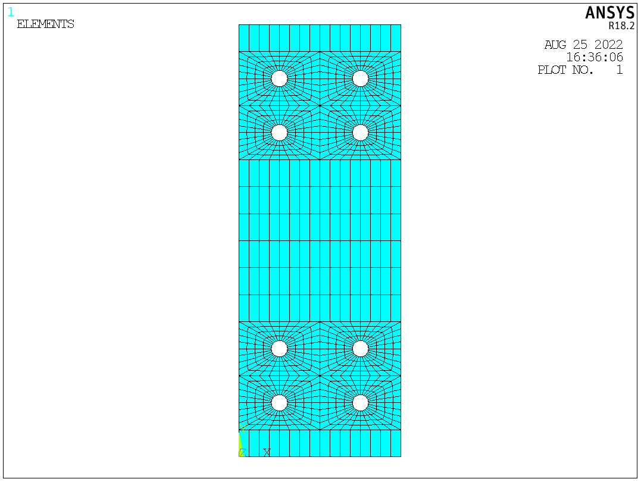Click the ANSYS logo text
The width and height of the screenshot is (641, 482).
[x=609, y=13]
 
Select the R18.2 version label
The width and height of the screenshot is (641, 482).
[x=621, y=26]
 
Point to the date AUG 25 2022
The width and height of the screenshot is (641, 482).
[x=583, y=45]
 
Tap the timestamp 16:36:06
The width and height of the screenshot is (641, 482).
[x=594, y=57]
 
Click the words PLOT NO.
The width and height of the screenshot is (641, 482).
[x=565, y=70]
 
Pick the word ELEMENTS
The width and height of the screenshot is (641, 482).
[x=46, y=24]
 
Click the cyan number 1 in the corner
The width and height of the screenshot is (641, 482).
[x=10, y=12]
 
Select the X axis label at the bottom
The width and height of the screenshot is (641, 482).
[x=267, y=452]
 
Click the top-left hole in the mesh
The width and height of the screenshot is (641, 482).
[x=279, y=79]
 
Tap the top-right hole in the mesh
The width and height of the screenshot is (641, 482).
[x=360, y=79]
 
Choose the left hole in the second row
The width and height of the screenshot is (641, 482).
[x=279, y=133]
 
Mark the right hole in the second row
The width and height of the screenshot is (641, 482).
[x=360, y=133]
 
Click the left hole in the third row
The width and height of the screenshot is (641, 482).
[x=279, y=348]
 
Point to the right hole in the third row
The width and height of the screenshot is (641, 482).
[x=360, y=348]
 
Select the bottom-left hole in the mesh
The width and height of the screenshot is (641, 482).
[x=279, y=403]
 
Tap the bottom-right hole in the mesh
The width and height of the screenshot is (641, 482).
[x=360, y=403]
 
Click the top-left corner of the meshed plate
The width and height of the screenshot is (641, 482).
[x=239, y=25]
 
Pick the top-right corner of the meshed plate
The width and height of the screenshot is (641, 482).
[x=401, y=25]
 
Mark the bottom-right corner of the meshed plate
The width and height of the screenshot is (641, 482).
[x=401, y=456]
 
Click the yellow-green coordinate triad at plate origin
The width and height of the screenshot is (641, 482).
[x=241, y=443]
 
